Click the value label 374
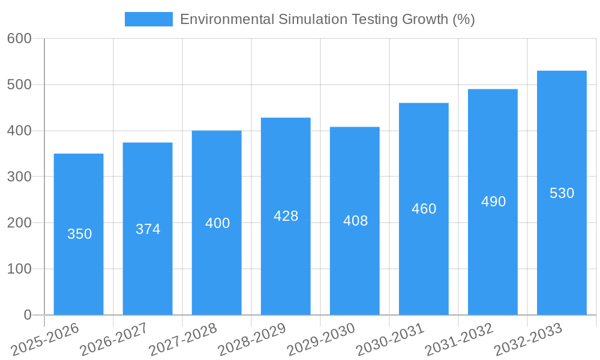coord(148,229)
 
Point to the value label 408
coord(355,221)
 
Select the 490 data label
coord(493,202)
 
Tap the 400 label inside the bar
coord(217,223)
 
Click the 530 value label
coord(562,193)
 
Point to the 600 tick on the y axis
coord(19,38)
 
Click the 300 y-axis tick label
coord(19,176)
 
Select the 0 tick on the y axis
coord(27,315)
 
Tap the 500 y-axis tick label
coord(19,85)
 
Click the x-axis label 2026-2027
coord(114,339)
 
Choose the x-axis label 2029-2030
coord(322,339)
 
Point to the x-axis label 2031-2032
coord(460,339)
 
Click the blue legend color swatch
coord(148,19)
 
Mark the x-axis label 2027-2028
coord(183,339)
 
